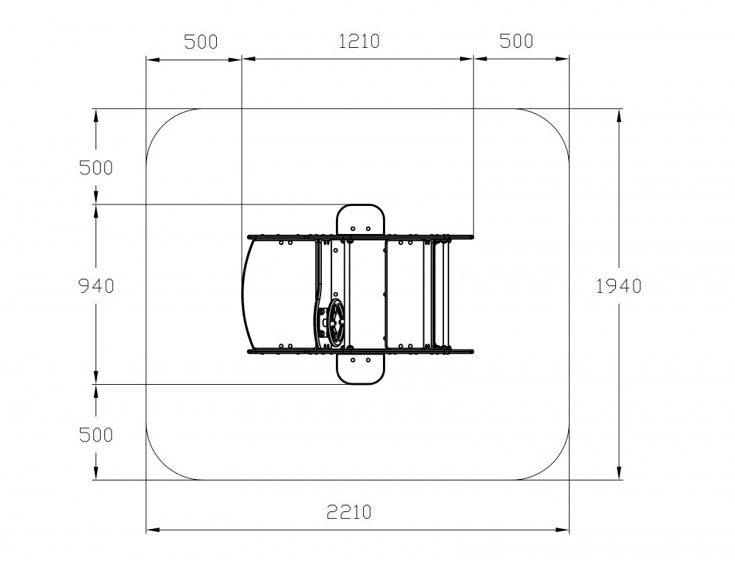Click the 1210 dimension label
pyautogui.click(x=359, y=41)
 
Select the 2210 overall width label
pyautogui.click(x=349, y=511)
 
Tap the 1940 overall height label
pyautogui.click(x=619, y=286)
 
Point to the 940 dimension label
pyautogui.click(x=96, y=286)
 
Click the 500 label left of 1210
pyautogui.click(x=201, y=42)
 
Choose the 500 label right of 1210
pyautogui.click(x=517, y=41)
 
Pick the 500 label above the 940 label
pyautogui.click(x=96, y=168)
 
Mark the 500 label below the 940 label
pyautogui.click(x=96, y=435)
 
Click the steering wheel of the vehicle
pyautogui.click(x=336, y=322)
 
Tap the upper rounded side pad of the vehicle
pyautogui.click(x=360, y=220)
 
